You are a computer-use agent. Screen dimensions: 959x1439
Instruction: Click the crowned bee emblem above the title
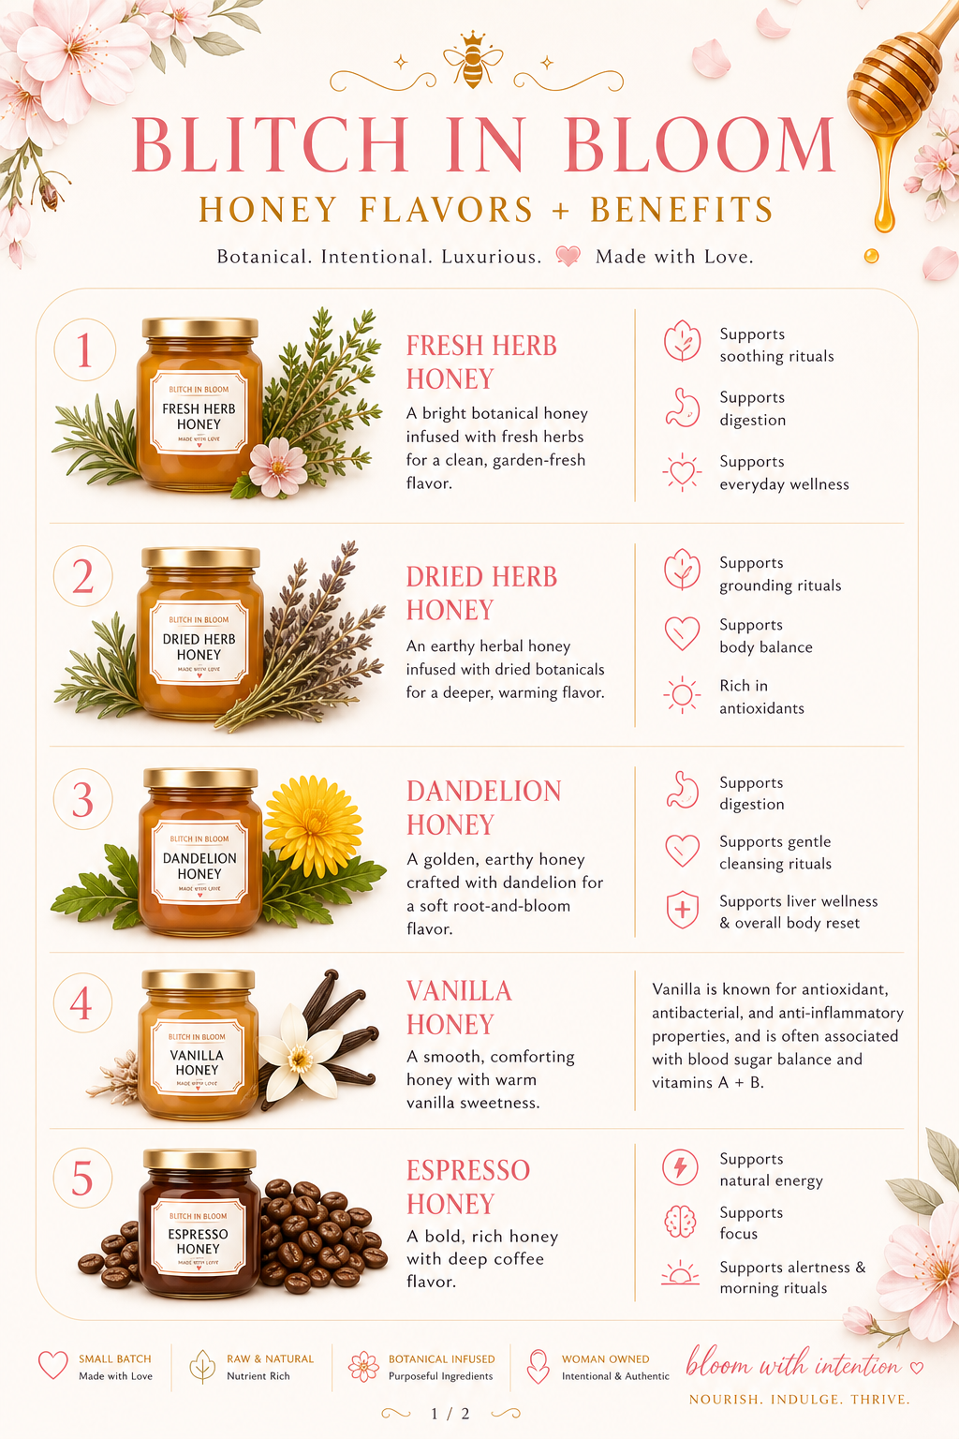click(x=473, y=60)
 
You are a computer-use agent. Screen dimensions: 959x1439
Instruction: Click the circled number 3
click(x=82, y=799)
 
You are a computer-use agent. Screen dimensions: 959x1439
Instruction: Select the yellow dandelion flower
click(x=313, y=825)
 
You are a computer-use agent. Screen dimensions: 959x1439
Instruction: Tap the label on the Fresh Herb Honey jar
click(x=199, y=413)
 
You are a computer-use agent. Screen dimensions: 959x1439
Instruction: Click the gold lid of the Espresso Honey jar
click(x=199, y=1160)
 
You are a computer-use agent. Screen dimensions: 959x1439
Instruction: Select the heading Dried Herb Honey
click(x=481, y=593)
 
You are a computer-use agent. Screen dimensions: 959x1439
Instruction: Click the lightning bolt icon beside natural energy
click(x=680, y=1166)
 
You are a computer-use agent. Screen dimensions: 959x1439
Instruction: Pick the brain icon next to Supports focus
click(x=680, y=1222)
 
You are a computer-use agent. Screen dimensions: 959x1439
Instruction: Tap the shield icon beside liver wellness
click(x=682, y=910)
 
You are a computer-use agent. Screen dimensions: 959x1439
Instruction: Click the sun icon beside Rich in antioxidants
click(x=682, y=694)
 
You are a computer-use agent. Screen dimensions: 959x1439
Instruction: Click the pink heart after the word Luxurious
click(x=568, y=256)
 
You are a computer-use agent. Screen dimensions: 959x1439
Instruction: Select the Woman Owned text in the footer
click(x=605, y=1358)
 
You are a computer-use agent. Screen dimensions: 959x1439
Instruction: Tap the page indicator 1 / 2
click(x=450, y=1414)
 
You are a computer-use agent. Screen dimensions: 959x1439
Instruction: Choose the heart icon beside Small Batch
click(x=52, y=1365)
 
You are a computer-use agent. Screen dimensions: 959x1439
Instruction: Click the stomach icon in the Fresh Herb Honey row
click(x=682, y=408)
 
